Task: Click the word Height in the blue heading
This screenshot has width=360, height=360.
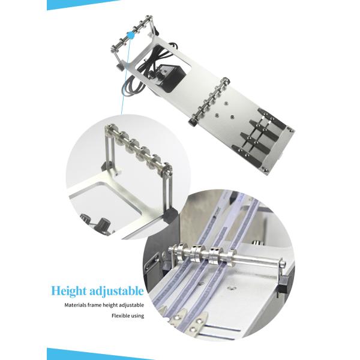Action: (x=68, y=292)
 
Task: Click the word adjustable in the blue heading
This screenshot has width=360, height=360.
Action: (x=116, y=292)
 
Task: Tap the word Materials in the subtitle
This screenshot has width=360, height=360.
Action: (x=76, y=305)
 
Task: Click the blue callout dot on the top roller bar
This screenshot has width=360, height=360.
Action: (x=130, y=35)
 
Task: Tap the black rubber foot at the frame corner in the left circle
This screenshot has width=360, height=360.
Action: (x=171, y=215)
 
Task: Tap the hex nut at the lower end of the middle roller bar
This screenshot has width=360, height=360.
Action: (x=192, y=122)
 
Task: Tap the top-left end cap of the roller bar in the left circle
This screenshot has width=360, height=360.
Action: (x=109, y=128)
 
